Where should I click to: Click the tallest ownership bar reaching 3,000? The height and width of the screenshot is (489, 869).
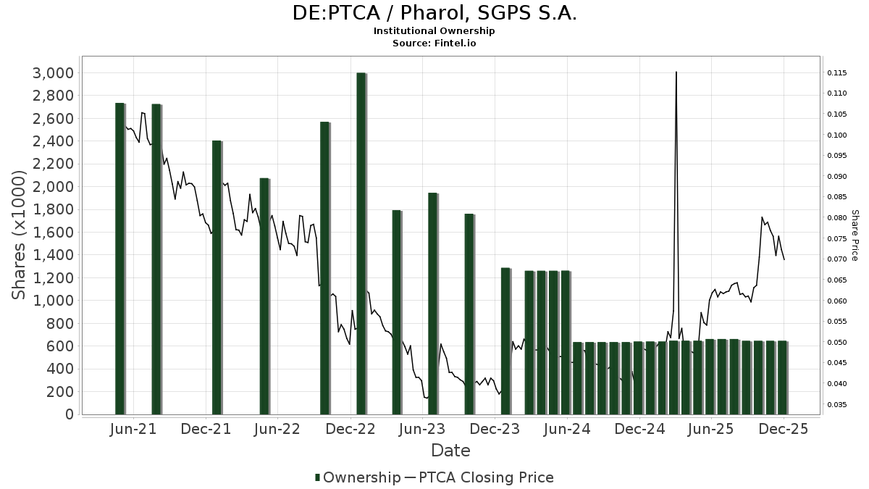(x=361, y=243)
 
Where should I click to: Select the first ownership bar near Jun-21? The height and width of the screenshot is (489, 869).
(x=120, y=258)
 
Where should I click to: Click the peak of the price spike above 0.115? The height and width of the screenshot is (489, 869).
(x=676, y=72)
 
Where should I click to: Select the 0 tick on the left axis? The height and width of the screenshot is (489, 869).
(x=70, y=414)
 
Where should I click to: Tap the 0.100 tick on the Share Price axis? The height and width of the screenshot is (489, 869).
(x=836, y=135)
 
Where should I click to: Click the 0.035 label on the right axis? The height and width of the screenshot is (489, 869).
(x=836, y=405)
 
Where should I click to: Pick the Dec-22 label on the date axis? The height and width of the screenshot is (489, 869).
(x=350, y=429)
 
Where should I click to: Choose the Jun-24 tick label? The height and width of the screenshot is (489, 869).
(x=567, y=429)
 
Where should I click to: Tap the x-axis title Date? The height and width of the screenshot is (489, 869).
(x=450, y=451)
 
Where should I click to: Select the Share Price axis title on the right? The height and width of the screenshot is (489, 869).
(x=855, y=235)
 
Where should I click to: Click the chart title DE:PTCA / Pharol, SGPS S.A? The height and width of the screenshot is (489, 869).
(x=434, y=13)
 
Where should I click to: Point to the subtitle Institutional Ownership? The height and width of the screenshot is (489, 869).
(x=434, y=31)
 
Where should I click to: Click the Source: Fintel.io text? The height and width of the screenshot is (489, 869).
(x=434, y=43)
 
